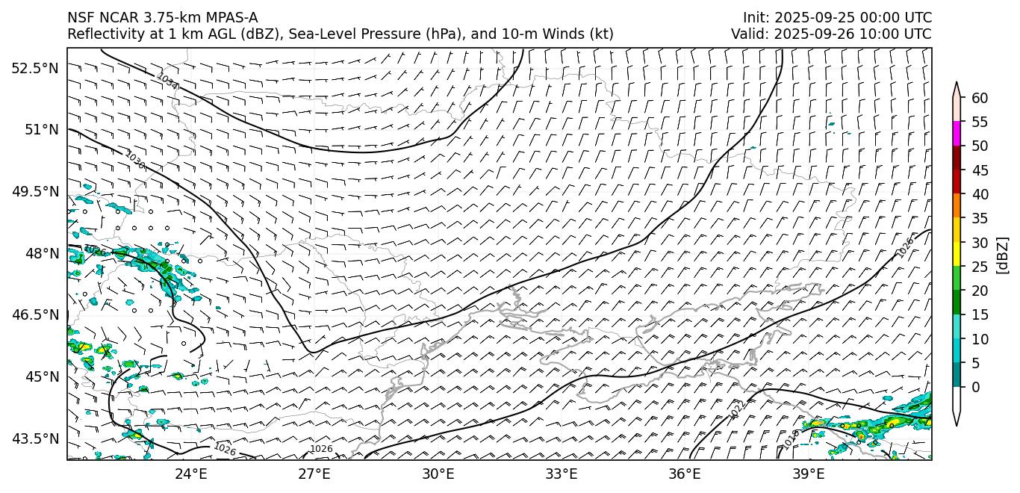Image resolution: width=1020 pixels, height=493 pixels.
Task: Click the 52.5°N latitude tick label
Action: [34, 68]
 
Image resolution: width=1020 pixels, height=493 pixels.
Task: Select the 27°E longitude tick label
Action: [314, 473]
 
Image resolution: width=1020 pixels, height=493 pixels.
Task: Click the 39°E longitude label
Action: [808, 473]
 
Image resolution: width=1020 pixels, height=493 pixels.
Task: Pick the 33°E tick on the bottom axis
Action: [561, 473]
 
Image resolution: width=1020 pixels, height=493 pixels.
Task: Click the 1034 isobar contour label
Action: [167, 81]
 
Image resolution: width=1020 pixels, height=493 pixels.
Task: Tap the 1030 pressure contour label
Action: [135, 160]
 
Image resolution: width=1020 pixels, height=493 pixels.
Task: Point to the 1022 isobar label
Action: [736, 409]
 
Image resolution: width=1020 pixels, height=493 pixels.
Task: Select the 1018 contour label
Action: [791, 439]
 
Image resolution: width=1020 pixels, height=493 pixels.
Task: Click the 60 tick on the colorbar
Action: [980, 98]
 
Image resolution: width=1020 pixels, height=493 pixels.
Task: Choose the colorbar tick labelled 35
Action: [980, 219]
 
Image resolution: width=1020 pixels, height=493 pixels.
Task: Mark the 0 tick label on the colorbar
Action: [976, 388]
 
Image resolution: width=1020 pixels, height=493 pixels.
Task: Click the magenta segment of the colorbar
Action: [957, 134]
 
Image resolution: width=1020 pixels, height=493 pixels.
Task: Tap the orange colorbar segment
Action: [957, 206]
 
